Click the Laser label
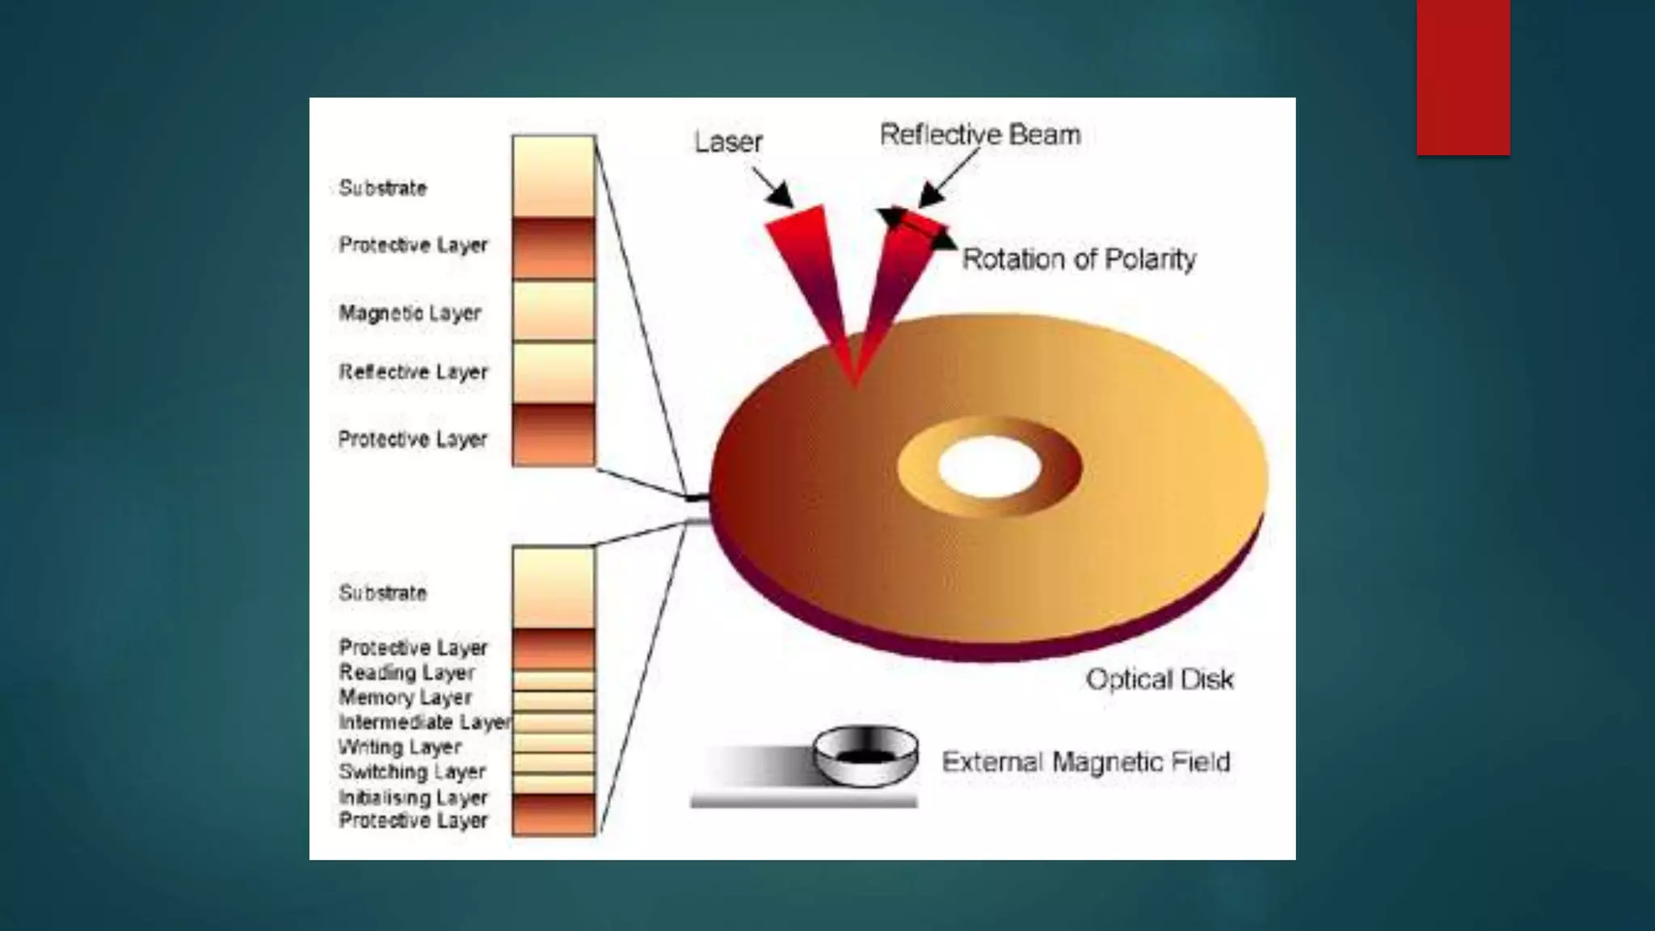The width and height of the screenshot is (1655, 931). (x=728, y=142)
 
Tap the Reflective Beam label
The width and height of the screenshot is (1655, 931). (x=979, y=134)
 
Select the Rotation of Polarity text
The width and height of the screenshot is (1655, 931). (x=1079, y=259)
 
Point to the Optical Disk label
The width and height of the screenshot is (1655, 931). (x=1160, y=680)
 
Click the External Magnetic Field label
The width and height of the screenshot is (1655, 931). (x=1086, y=762)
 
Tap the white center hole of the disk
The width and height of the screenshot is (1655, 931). (x=989, y=467)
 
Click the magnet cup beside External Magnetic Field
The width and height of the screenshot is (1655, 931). (x=865, y=756)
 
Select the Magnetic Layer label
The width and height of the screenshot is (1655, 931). (x=410, y=313)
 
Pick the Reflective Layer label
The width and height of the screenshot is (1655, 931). (x=413, y=372)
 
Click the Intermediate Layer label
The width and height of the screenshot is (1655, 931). (x=424, y=722)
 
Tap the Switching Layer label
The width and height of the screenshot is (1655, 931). (x=412, y=772)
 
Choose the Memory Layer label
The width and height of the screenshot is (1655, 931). (x=405, y=697)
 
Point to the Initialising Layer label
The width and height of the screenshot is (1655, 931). (x=413, y=798)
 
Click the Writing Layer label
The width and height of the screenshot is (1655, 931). (x=400, y=747)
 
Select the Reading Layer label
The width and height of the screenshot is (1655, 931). (x=406, y=672)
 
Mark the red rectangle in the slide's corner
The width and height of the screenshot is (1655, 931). (x=1463, y=77)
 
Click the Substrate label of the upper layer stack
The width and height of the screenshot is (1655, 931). (x=382, y=188)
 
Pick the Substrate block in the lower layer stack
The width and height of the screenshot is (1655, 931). (x=554, y=588)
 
